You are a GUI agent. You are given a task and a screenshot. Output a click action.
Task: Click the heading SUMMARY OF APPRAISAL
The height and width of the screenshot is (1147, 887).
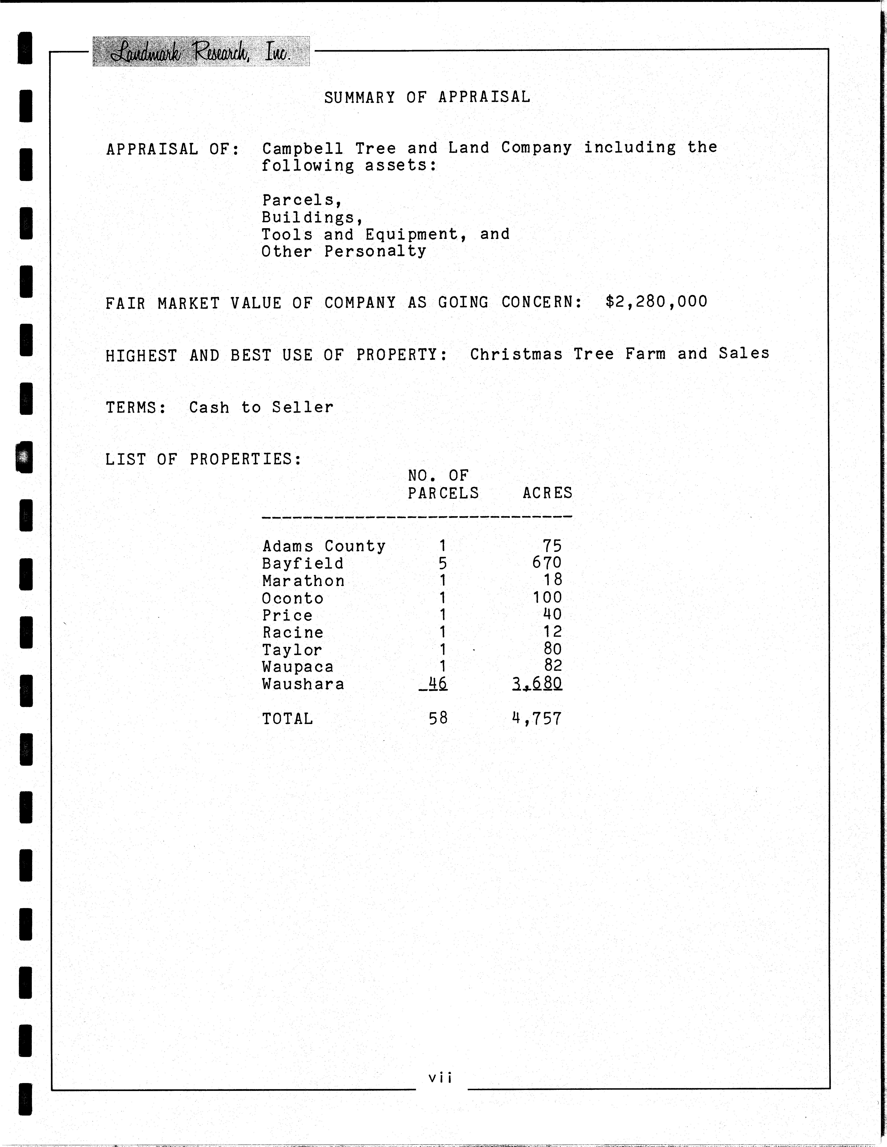(x=427, y=97)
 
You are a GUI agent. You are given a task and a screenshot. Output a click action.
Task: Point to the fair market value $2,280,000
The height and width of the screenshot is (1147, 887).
(x=656, y=302)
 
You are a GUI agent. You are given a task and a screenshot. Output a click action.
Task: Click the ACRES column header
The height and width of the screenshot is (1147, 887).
(x=547, y=493)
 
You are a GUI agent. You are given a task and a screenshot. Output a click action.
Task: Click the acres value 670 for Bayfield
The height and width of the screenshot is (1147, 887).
(x=547, y=563)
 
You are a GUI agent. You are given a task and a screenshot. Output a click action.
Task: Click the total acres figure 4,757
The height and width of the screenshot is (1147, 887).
(x=537, y=718)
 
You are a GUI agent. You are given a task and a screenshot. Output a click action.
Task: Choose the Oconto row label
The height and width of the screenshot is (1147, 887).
(x=292, y=598)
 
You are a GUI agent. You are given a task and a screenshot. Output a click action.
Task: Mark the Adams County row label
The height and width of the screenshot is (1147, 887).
(x=323, y=546)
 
